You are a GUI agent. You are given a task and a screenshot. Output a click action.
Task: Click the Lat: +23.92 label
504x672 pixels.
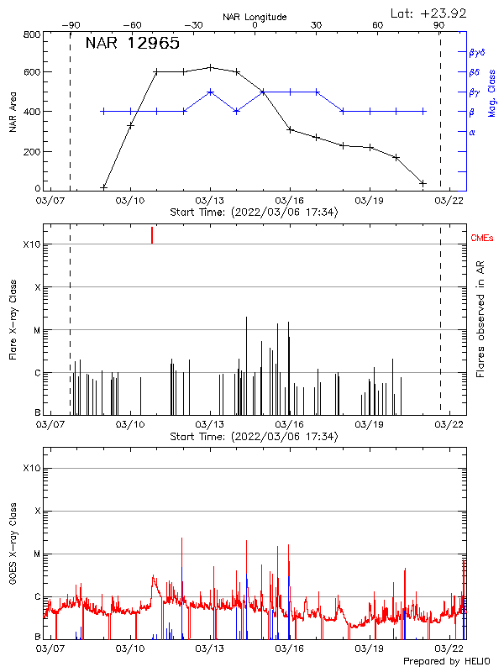429,13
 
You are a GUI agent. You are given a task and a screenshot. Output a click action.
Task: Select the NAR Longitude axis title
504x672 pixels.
255,17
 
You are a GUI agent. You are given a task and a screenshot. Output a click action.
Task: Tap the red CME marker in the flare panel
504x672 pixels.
152,234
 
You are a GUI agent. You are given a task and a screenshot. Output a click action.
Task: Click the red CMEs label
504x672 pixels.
482,239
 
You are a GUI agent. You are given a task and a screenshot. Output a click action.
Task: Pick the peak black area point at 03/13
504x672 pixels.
210,67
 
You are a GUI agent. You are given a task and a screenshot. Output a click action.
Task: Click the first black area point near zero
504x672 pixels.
103,186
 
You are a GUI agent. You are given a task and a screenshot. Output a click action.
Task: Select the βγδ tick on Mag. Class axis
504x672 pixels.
476,52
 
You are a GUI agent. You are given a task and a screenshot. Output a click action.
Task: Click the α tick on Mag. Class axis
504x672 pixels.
471,132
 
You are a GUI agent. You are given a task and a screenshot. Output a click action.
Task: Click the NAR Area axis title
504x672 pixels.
12,112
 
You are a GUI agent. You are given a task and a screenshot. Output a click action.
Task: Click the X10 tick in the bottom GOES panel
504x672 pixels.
31,468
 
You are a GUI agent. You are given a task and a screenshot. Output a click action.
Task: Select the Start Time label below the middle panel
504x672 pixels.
254,437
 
